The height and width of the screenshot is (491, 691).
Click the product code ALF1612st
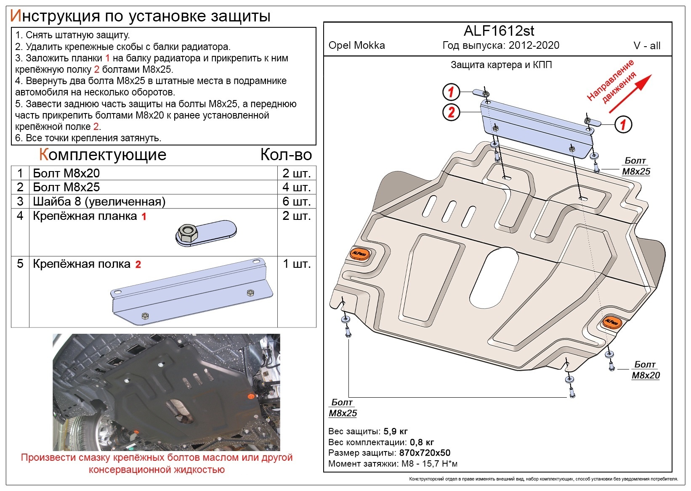(499, 31)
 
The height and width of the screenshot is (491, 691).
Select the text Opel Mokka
(356, 45)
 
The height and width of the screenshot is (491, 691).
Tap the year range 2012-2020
(534, 45)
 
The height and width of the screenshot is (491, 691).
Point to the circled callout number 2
(451, 112)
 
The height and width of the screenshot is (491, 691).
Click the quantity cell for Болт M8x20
(296, 173)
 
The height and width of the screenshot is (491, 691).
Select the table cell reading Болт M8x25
(66, 187)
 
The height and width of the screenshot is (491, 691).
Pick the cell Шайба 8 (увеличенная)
(99, 201)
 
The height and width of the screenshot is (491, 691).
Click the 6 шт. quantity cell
(296, 201)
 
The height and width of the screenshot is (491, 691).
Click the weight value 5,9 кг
(396, 431)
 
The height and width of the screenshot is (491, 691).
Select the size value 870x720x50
(425, 453)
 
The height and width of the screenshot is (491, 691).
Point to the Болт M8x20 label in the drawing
(645, 370)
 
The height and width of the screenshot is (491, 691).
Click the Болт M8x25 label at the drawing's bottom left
(343, 408)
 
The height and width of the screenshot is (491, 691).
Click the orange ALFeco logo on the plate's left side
(359, 254)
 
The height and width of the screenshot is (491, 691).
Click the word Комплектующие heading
(103, 155)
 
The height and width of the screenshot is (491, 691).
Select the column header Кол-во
(286, 155)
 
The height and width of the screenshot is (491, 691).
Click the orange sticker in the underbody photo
(251, 396)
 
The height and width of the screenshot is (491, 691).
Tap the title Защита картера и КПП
(501, 65)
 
